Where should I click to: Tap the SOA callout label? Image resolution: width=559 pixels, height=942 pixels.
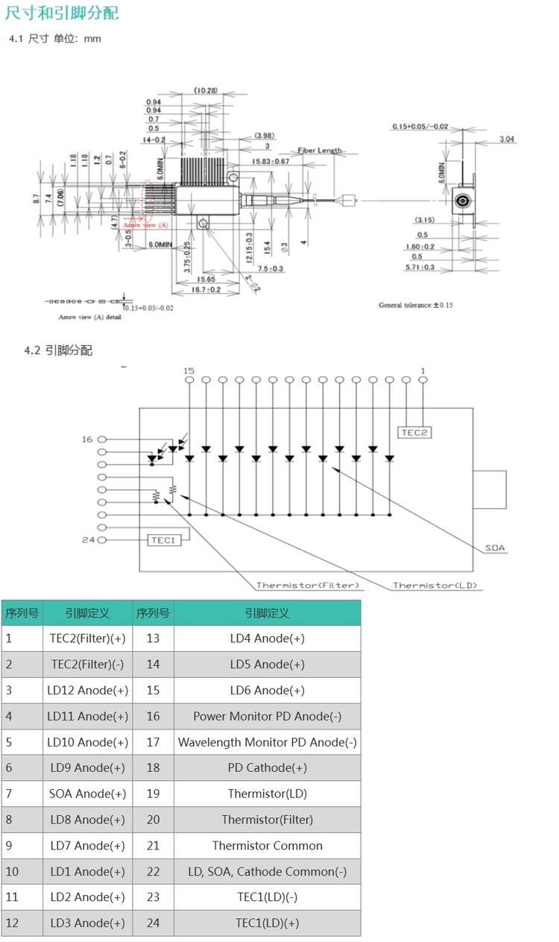(495, 548)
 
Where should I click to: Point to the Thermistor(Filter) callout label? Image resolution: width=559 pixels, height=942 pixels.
(308, 585)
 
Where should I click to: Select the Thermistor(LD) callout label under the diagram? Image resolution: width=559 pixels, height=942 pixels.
(435, 585)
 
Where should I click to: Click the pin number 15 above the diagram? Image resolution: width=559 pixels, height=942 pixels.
(189, 371)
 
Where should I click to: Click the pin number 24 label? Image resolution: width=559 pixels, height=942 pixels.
(88, 540)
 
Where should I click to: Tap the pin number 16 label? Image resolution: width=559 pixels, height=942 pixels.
(88, 439)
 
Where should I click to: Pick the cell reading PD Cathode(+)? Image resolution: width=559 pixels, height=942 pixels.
(267, 767)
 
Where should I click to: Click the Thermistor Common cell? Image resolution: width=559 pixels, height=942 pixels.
(267, 846)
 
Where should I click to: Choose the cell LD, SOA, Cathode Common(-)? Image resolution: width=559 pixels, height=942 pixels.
(267, 871)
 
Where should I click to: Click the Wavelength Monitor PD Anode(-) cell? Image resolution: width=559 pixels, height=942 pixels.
(267, 742)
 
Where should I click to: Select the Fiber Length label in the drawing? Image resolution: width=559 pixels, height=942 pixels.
(320, 150)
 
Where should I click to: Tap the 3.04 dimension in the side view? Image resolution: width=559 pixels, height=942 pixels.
(507, 139)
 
